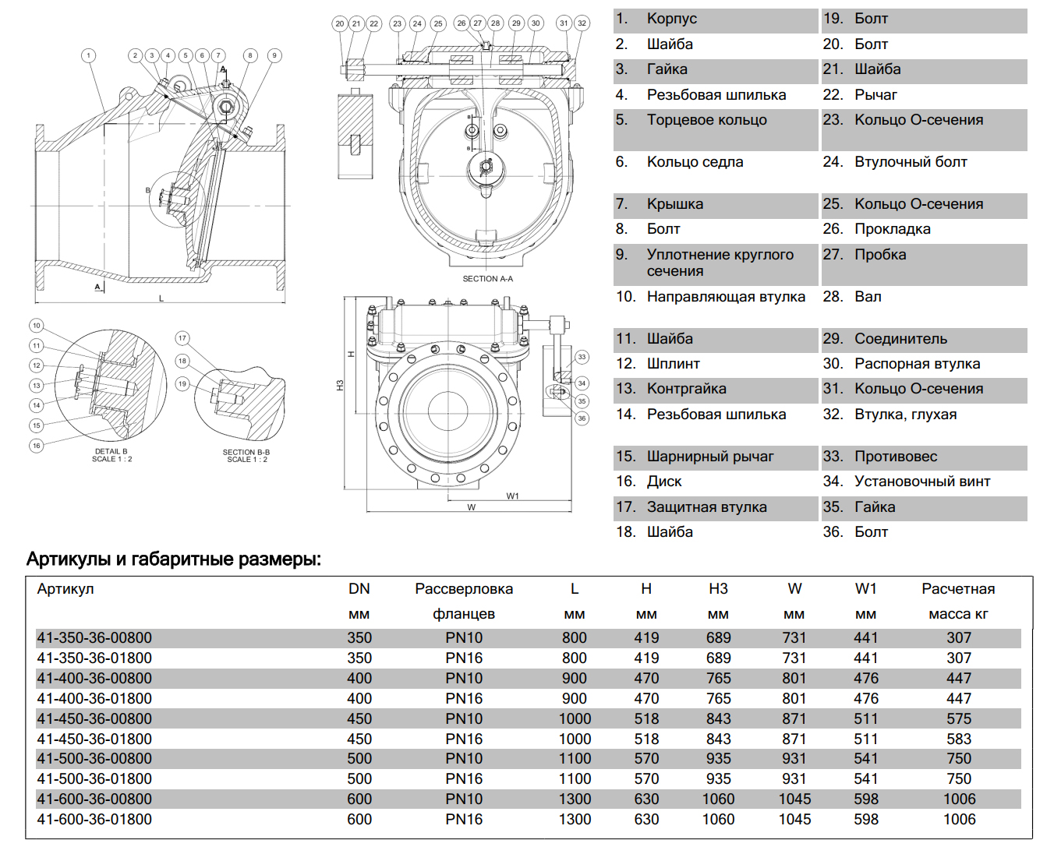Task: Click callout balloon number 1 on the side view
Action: [x=89, y=55]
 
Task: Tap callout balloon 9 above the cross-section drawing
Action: [x=274, y=55]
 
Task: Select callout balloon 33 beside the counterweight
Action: [x=582, y=357]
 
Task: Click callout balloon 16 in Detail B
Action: [x=37, y=446]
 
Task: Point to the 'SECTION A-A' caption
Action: [x=488, y=278]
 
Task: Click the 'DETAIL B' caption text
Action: [x=111, y=451]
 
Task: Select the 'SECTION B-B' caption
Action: [x=246, y=452]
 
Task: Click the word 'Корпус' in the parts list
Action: [x=671, y=19]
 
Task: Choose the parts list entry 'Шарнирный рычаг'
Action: [x=710, y=457]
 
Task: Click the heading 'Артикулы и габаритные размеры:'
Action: [x=174, y=559]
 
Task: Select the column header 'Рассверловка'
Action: [x=464, y=589]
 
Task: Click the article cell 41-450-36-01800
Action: [x=94, y=739]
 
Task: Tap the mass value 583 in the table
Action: [x=959, y=739]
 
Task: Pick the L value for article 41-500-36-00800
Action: [x=575, y=759]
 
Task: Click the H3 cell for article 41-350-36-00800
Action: [x=718, y=638]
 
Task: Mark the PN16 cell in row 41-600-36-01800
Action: [x=464, y=820]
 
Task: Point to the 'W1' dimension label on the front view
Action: [x=512, y=496]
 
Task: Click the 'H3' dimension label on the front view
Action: [x=340, y=386]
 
